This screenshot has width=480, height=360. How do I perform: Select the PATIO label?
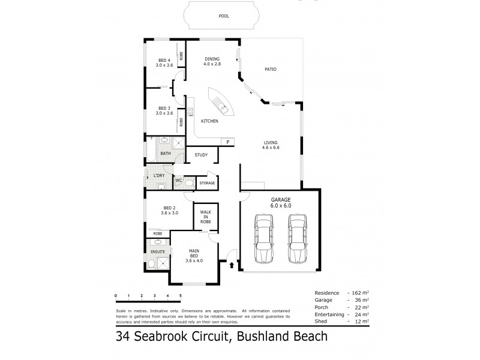pyautogui.click(x=271, y=69)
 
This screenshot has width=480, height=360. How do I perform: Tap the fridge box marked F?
pyautogui.click(x=228, y=142)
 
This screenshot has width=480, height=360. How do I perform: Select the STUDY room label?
pyautogui.click(x=201, y=155)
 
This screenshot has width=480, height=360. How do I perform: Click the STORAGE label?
pyautogui.click(x=206, y=182)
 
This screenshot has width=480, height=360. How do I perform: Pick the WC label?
pyautogui.click(x=179, y=180)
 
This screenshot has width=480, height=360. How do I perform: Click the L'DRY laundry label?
pyautogui.click(x=159, y=175)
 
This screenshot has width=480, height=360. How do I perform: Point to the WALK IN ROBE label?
pyautogui.click(x=205, y=217)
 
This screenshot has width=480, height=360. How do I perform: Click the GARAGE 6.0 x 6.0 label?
pyautogui.click(x=280, y=202)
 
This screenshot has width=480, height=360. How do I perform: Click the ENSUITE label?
pyautogui.click(x=157, y=251)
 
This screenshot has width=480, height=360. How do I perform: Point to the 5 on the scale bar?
pyautogui.click(x=180, y=296)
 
